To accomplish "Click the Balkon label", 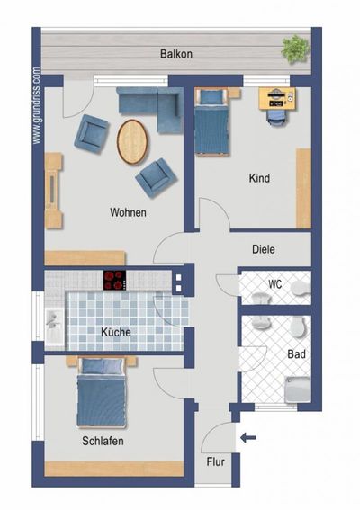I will [x=176, y=54].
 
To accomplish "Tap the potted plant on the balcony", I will [x=294, y=49].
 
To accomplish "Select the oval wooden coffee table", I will [x=134, y=141].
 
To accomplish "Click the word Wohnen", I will [x=128, y=213].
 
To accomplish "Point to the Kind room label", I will [x=259, y=178].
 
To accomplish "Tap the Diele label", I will [x=264, y=250].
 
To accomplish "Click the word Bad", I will [x=296, y=354].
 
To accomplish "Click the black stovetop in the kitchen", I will [x=115, y=280].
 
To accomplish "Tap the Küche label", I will [x=117, y=332].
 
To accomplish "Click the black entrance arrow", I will [x=249, y=438].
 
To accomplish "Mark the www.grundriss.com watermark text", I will [x=37, y=105].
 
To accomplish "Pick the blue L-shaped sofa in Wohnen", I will [x=149, y=107].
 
